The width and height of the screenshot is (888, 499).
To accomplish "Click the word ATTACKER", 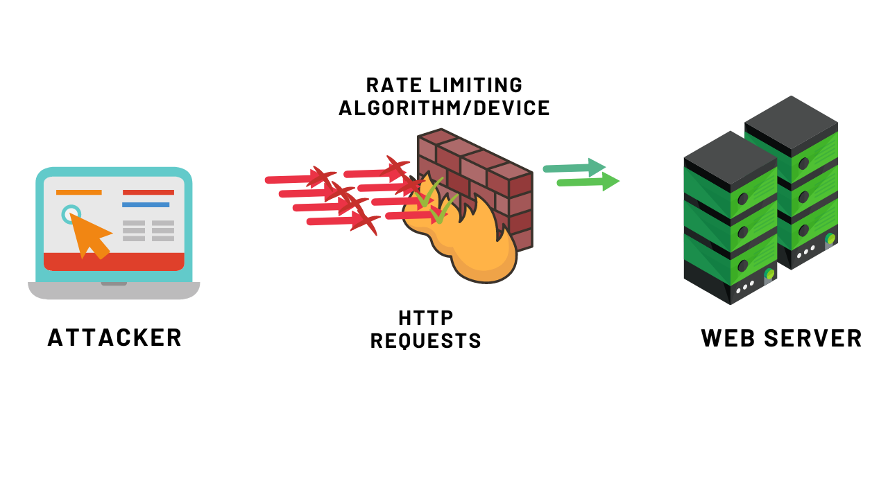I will click(114, 338).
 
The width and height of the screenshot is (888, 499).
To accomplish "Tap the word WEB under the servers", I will click(728, 338).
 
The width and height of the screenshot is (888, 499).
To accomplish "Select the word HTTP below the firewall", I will click(426, 318).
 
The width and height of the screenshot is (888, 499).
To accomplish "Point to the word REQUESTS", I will click(426, 341).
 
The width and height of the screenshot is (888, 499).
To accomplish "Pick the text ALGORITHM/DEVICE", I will click(444, 108).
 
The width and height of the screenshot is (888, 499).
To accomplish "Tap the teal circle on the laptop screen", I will click(71, 214).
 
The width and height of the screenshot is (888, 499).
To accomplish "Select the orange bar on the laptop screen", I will click(78, 192).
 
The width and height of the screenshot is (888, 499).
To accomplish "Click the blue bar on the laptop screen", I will click(146, 204).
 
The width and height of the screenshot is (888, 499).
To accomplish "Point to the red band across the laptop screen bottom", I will click(114, 261).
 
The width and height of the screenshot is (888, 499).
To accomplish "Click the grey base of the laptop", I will click(114, 290).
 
